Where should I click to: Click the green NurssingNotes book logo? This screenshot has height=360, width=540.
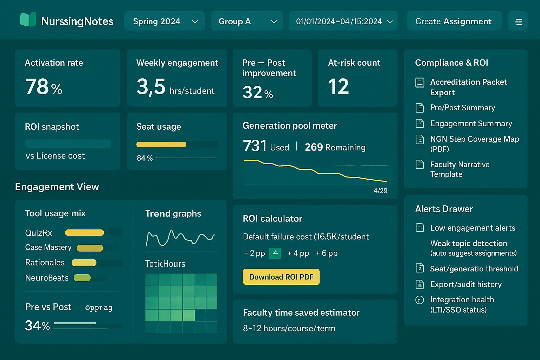(28, 20)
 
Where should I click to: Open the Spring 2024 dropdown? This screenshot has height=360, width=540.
(165, 21)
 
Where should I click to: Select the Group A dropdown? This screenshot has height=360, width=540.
(247, 21)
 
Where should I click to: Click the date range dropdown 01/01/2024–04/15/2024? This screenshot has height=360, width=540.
(343, 21)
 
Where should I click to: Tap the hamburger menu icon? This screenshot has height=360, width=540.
(518, 22)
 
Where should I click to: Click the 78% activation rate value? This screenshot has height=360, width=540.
(44, 87)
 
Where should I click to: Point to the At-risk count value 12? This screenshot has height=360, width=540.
(338, 87)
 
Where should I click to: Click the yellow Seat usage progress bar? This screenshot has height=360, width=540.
(161, 144)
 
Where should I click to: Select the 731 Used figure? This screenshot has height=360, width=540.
(265, 146)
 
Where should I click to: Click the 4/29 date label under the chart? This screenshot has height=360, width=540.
(380, 191)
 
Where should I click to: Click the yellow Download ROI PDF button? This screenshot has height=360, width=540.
(281, 277)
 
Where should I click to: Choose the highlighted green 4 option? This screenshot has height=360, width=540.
(275, 253)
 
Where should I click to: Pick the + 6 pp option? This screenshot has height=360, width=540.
(326, 253)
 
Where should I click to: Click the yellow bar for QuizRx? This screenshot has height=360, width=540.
(84, 232)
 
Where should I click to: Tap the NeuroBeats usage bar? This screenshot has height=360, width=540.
(82, 278)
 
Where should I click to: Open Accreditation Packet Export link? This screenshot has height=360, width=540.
(468, 87)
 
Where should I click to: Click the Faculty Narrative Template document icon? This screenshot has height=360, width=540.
(420, 165)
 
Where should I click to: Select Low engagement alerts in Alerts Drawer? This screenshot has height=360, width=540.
(472, 228)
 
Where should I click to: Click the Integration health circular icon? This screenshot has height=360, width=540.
(419, 300)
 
